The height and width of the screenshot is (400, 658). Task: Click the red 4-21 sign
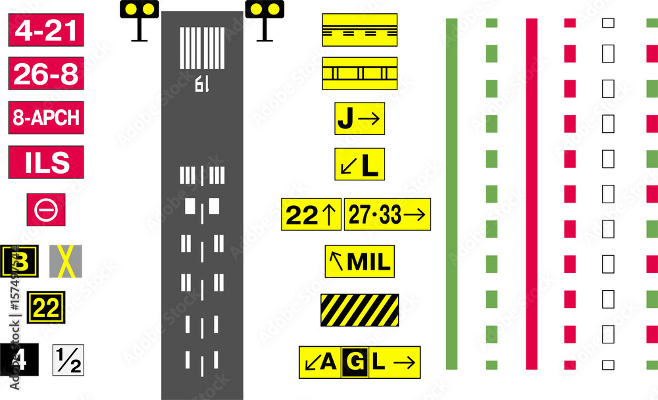pos(46,31)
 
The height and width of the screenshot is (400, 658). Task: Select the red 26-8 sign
pos(46,74)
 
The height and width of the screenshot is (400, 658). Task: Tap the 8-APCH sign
pos(46,118)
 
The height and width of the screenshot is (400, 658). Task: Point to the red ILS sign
pos(46,162)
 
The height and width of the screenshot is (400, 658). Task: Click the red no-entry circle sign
pos(46,210)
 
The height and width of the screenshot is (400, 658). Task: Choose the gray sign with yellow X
pos(66,261)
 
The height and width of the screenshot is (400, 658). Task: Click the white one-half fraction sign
pos(68,360)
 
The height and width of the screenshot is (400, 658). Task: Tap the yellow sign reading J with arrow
pos(359,119)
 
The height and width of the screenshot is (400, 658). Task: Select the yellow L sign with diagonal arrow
pos(359,164)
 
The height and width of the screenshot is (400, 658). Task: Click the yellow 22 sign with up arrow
pos(311,214)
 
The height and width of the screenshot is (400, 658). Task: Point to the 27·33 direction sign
pos(387,214)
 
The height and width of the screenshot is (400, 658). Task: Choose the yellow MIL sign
pos(360,262)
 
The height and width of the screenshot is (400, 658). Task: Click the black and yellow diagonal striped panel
pos(360,310)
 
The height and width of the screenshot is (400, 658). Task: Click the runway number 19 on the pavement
pos(201,84)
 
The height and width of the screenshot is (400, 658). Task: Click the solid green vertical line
pos(451,193)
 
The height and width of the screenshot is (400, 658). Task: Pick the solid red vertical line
pos(532,193)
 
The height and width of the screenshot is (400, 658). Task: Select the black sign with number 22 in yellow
pos(46,307)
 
